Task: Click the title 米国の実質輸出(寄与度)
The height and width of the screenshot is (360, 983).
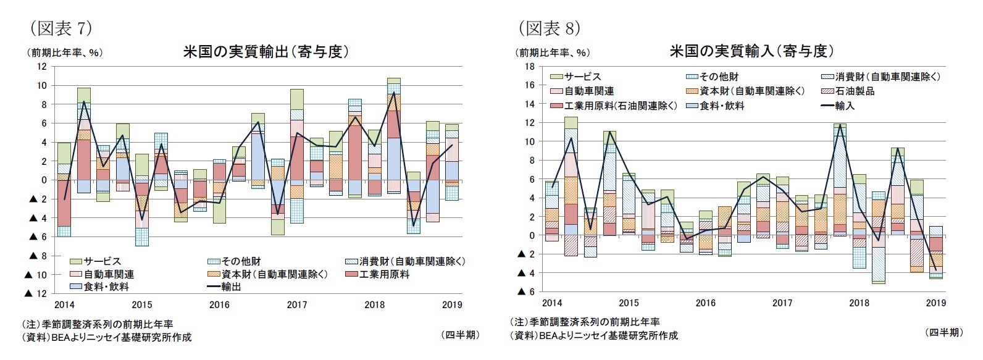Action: (266, 52)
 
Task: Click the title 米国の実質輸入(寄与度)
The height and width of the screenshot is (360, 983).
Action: (751, 51)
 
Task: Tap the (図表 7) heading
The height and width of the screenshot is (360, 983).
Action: (61, 28)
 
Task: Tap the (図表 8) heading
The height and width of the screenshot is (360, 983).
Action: (549, 28)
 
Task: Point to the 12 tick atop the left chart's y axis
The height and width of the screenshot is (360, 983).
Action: (42, 66)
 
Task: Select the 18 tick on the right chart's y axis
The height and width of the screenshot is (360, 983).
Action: (529, 66)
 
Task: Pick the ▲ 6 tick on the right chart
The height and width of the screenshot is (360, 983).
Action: (525, 291)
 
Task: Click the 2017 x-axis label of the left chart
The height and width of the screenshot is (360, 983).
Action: (297, 304)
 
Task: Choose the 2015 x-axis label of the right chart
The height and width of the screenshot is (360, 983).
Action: (629, 303)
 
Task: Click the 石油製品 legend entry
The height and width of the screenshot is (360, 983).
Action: (855, 91)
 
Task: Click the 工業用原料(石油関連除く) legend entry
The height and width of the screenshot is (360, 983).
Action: (621, 106)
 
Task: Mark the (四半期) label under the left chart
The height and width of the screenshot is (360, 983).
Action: (459, 335)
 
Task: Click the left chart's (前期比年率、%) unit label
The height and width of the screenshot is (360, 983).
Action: (64, 52)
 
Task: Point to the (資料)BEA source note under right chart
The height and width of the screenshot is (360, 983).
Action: (593, 335)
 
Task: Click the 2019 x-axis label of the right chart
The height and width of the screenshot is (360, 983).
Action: (935, 303)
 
